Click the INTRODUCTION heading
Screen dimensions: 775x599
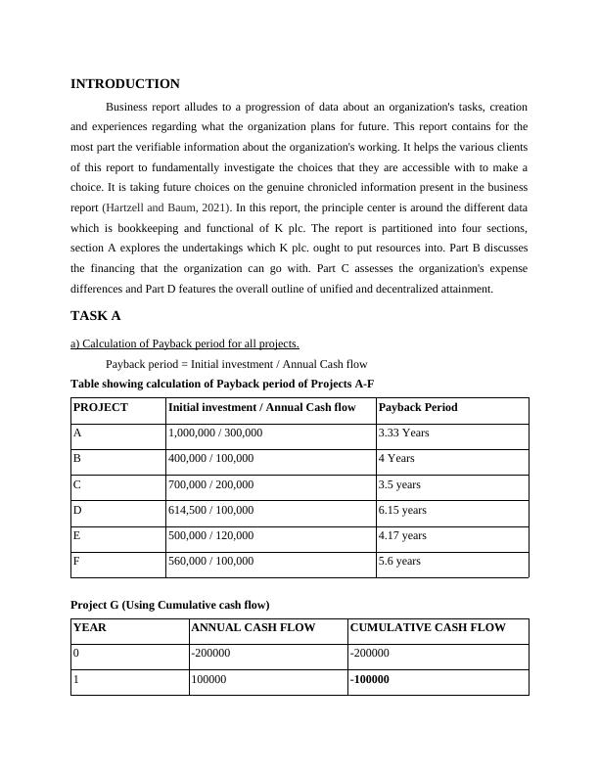pyautogui.click(x=125, y=84)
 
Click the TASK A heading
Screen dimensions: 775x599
pyautogui.click(x=95, y=316)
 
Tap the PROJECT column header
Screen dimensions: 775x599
pyautogui.click(x=101, y=407)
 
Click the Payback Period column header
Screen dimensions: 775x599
pyautogui.click(x=418, y=407)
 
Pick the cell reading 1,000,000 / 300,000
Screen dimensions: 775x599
pyautogui.click(x=215, y=433)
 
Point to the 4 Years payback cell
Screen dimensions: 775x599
pyautogui.click(x=396, y=458)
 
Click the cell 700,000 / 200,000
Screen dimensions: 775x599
pyautogui.click(x=211, y=483)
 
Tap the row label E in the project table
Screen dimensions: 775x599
pyautogui.click(x=77, y=535)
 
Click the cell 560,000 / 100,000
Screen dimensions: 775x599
pyautogui.click(x=211, y=561)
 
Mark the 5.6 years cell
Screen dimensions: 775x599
pyautogui.click(x=399, y=561)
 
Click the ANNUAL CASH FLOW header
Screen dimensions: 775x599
pyautogui.click(x=253, y=628)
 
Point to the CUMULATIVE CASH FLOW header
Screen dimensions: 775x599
pyautogui.click(x=428, y=628)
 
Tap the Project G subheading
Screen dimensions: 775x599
pyautogui.click(x=170, y=605)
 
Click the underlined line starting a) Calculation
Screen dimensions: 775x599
pyautogui.click(x=185, y=343)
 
